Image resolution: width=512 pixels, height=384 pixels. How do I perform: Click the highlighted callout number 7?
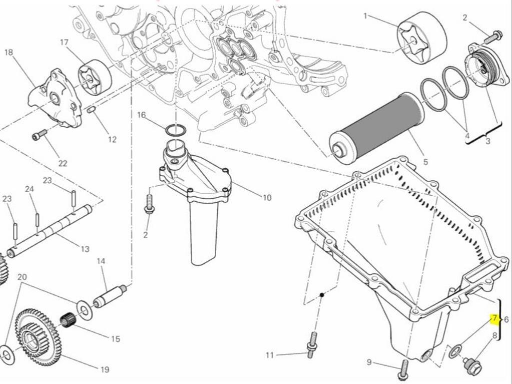[494, 318]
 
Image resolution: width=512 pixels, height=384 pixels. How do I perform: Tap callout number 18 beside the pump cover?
[9, 53]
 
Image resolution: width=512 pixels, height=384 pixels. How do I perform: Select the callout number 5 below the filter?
[425, 162]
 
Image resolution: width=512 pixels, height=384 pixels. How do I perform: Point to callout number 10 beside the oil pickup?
[267, 198]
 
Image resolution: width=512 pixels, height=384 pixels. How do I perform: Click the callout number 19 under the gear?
[105, 370]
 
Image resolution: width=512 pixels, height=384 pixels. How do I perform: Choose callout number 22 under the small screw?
[63, 163]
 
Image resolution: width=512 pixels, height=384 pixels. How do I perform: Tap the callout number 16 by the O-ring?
[142, 116]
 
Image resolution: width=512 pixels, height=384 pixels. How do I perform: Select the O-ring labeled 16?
[175, 131]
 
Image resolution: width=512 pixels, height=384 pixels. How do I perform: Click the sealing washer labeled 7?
[454, 351]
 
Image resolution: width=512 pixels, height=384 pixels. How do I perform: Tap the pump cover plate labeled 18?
[55, 98]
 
